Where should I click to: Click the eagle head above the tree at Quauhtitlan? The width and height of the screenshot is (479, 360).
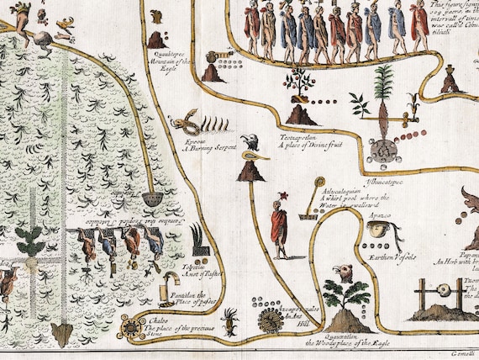344,273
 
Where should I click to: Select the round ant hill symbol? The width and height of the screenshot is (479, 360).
271,320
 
